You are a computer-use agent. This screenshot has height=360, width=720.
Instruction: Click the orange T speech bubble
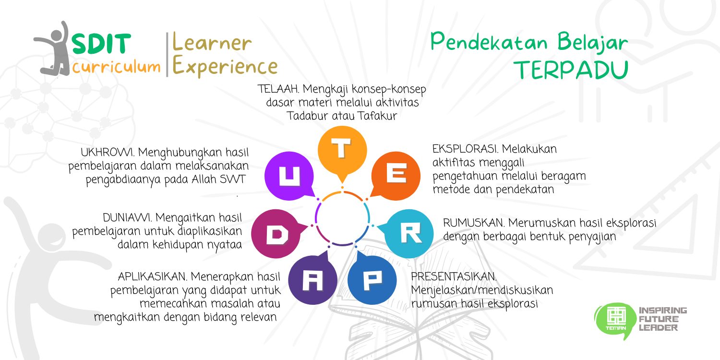[x=342, y=151]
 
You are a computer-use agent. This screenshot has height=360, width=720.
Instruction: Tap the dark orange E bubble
[x=396, y=176]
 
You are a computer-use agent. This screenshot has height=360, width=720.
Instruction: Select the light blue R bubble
[x=408, y=233]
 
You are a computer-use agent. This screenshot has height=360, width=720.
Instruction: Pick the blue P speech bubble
[x=372, y=279]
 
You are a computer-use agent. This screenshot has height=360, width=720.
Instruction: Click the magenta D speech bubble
[x=277, y=234]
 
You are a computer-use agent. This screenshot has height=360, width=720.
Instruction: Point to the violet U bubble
[x=289, y=176]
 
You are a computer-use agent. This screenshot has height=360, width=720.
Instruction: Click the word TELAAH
[x=278, y=89]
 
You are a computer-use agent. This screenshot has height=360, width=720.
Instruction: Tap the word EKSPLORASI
[x=465, y=149]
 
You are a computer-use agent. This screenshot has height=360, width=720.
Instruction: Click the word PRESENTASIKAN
[x=454, y=276]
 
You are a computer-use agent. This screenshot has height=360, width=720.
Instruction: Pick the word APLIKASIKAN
[x=152, y=276]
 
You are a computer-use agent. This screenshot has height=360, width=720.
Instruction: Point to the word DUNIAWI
[x=127, y=217]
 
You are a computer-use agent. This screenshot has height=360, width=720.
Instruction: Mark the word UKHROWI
[x=108, y=152]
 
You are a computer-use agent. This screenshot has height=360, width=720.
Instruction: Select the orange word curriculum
[x=116, y=67]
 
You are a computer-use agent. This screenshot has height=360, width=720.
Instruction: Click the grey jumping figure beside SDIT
[x=53, y=49]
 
